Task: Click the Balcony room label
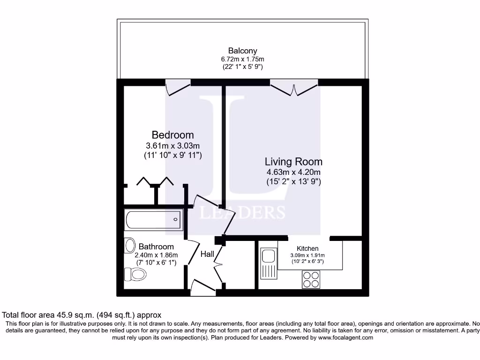pos(242,51)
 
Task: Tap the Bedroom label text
pos(172,135)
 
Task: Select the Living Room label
pos(293,162)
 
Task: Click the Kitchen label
pos(307,248)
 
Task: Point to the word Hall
pos(207,254)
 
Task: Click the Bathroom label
pos(156,247)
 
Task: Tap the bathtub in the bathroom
pos(153,219)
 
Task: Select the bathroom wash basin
pos(130,245)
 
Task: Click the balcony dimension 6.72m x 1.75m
pos(242,59)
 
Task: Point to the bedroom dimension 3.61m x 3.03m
pos(172,145)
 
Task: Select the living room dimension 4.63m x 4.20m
pos(293,172)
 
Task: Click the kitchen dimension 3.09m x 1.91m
pos(307,255)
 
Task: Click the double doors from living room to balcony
pos(294,88)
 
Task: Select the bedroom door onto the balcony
pos(178,88)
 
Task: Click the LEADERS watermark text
pos(242,212)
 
